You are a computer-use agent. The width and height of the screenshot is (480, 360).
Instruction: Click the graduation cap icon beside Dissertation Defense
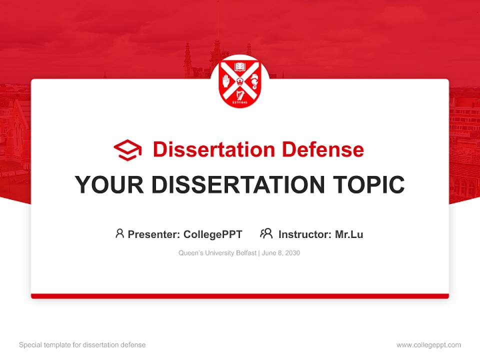click(x=127, y=150)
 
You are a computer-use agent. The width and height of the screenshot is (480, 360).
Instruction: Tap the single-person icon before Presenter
click(x=119, y=233)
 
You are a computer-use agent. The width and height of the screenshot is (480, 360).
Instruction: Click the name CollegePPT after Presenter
click(x=213, y=234)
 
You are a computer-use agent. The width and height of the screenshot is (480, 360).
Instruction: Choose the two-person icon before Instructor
click(x=266, y=233)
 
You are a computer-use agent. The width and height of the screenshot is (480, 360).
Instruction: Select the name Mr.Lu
click(x=349, y=234)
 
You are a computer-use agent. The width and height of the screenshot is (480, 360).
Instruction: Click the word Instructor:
click(x=304, y=234)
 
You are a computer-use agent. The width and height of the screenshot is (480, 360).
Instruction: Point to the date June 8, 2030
click(x=281, y=253)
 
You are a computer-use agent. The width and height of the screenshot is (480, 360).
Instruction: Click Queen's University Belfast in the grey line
click(x=217, y=253)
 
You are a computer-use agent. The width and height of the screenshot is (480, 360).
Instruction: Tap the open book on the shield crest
click(x=240, y=66)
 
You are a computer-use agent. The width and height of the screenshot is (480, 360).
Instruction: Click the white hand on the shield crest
click(x=226, y=80)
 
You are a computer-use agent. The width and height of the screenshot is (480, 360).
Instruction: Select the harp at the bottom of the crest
click(x=240, y=94)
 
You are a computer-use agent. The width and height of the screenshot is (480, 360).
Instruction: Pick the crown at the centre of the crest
click(x=240, y=80)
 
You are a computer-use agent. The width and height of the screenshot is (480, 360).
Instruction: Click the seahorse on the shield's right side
click(x=254, y=80)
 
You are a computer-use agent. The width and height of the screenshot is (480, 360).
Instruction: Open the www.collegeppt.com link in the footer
click(x=428, y=345)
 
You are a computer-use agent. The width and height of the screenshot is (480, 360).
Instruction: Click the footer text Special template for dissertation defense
click(x=82, y=345)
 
